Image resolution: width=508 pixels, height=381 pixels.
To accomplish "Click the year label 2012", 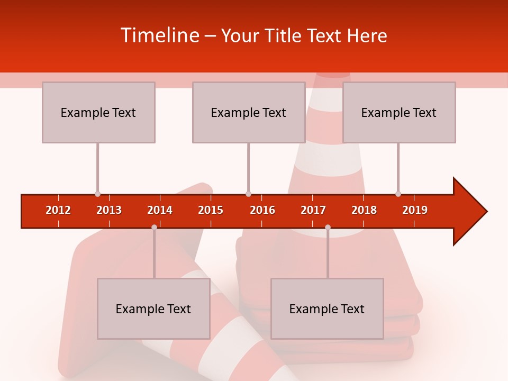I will tap(58, 210).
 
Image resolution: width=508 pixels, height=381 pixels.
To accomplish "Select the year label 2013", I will tap(109, 210).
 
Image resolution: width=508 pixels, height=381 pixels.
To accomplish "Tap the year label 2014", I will tap(160, 210).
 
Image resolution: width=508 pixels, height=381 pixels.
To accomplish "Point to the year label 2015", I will tap(211, 210).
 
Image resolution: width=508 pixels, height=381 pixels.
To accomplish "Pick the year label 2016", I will tap(262, 210).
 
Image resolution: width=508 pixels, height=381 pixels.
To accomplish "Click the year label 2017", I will tap(313, 210).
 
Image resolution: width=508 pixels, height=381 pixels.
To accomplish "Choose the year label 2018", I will tap(364, 210).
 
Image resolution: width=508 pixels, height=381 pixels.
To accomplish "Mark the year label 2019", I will tap(415, 210).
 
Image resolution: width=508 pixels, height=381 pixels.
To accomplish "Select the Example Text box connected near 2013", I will tap(98, 112).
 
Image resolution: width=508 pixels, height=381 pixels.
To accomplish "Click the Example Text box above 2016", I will tap(249, 112).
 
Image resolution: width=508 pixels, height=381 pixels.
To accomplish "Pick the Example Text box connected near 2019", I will tap(399, 112).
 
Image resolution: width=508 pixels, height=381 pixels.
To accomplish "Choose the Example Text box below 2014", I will tap(153, 309).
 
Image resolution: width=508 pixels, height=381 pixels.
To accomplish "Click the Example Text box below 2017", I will tap(327, 309).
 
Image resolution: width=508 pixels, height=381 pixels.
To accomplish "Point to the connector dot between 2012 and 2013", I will tap(97, 194).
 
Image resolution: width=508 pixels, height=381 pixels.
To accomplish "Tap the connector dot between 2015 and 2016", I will tap(248, 194).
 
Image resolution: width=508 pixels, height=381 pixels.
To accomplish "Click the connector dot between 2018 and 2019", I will tap(398, 194).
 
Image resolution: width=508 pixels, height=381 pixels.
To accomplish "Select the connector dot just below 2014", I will tap(154, 227).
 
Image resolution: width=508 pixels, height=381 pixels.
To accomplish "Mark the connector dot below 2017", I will tap(328, 227).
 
